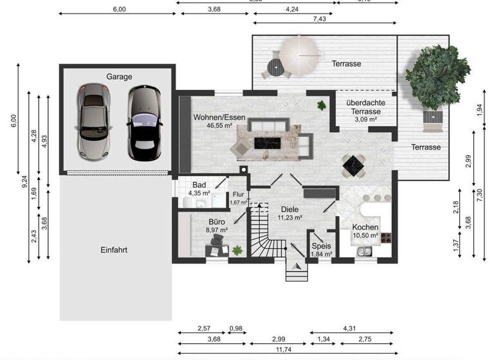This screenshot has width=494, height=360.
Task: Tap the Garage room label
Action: pos(119,76)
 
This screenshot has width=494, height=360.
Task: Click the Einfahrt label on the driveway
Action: pos(114,250)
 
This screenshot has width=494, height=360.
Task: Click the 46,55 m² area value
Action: pos(219,127)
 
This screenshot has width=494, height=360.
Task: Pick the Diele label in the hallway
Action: pos(289,209)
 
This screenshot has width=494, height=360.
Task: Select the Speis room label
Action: pos(321,246)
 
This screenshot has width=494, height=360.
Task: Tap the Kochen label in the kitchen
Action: pos(365,228)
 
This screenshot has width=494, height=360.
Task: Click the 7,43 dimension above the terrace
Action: pos(318,20)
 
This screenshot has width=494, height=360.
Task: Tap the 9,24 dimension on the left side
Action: pos(24,182)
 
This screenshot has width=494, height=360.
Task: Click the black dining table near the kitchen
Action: pos(353,166)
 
